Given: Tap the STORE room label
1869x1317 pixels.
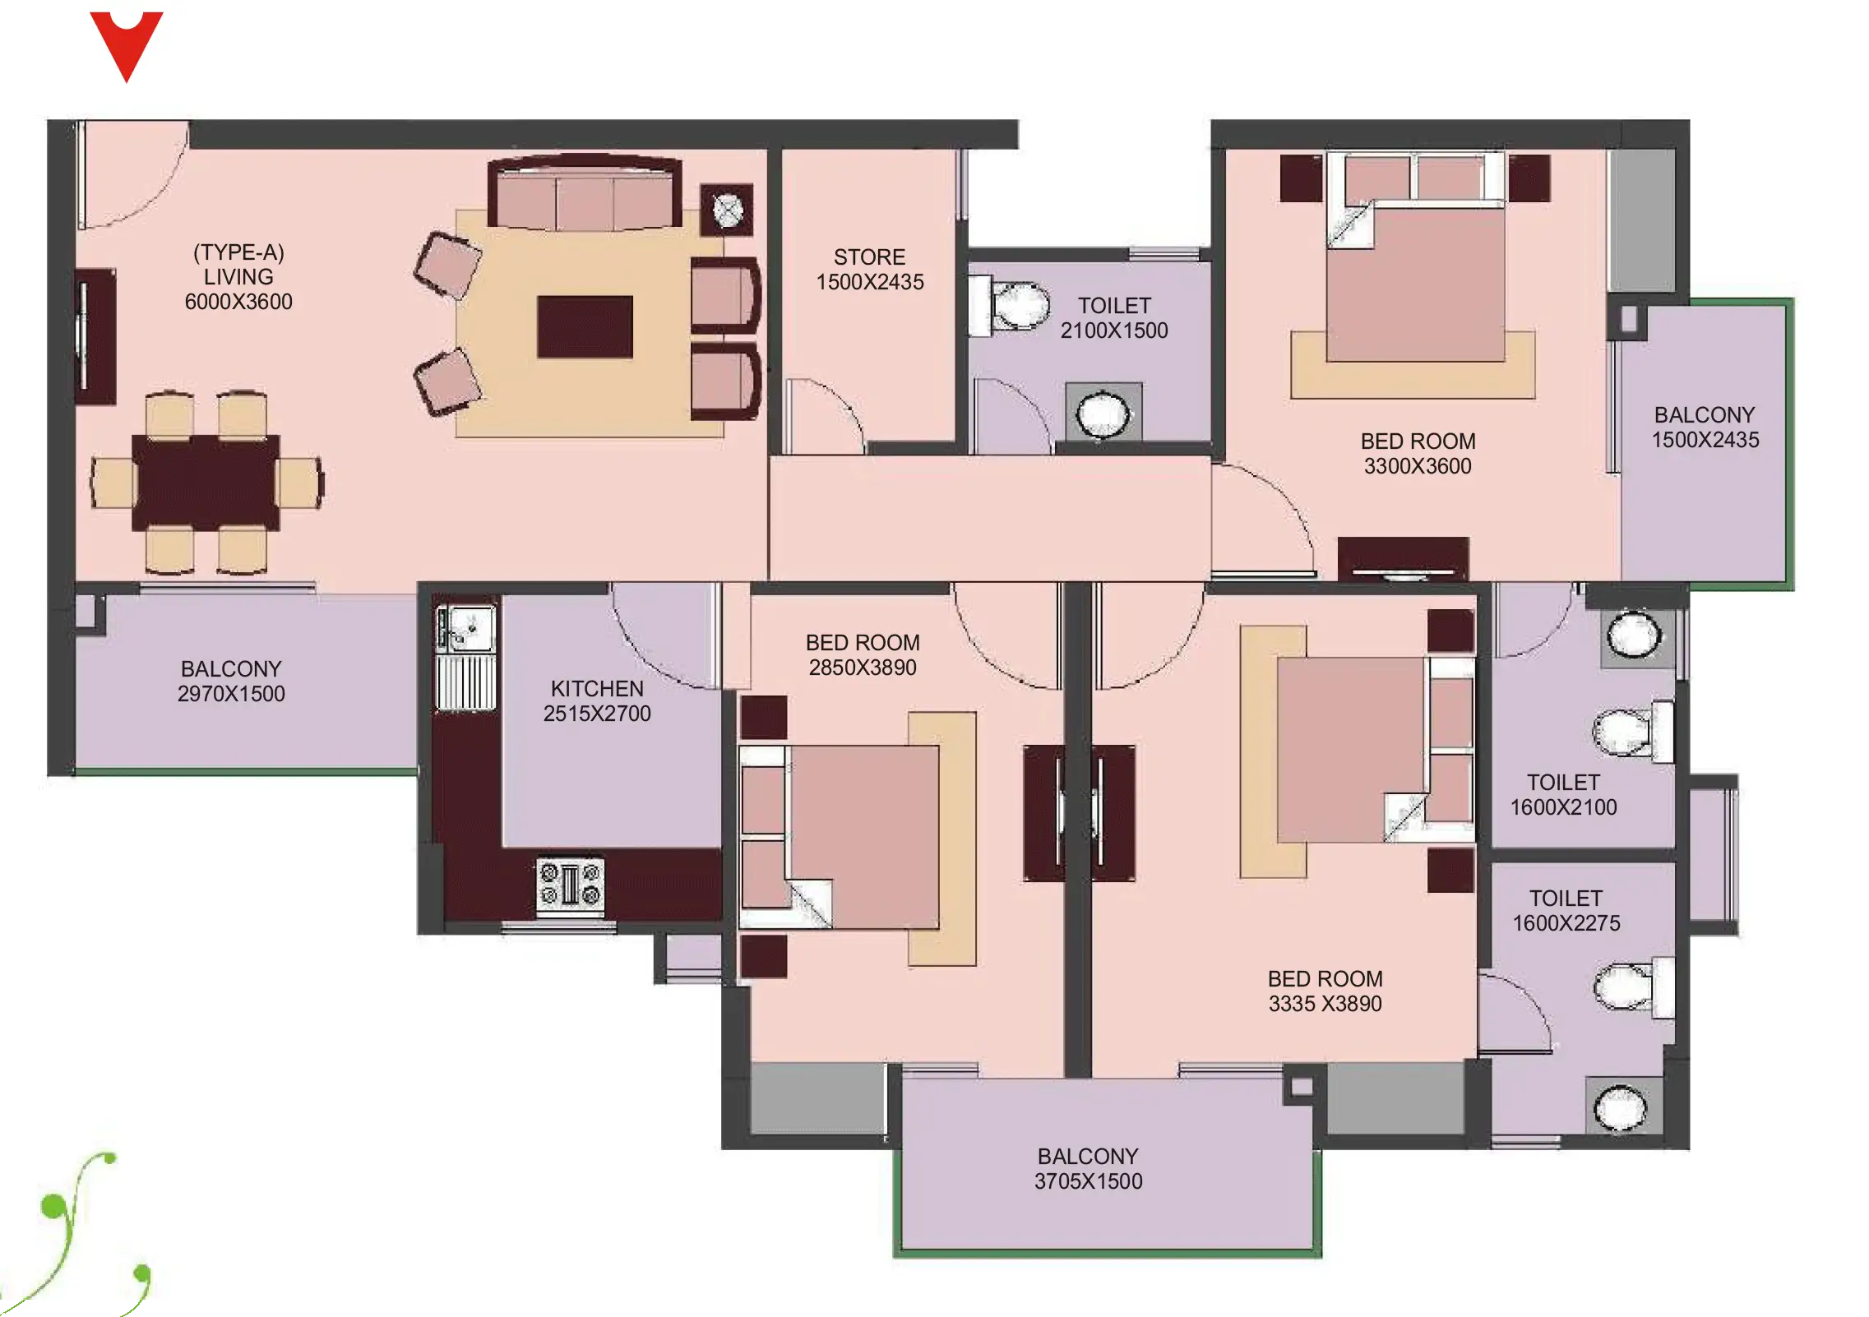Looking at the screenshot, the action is [869, 257].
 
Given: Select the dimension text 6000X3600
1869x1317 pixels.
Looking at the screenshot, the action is [238, 302].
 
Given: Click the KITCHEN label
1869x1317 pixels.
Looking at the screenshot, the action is [597, 689].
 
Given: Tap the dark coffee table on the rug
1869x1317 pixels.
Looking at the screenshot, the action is [585, 327].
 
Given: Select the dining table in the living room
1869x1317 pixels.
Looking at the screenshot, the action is [206, 482].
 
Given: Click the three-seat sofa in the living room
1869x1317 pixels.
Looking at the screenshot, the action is [585, 194].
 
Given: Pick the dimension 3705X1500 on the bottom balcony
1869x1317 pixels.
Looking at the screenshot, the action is [1088, 1181].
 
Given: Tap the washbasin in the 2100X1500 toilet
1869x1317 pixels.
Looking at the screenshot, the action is [1103, 413].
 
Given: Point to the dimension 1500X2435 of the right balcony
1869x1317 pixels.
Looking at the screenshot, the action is [1705, 440].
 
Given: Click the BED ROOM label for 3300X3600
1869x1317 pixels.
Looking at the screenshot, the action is [1418, 441].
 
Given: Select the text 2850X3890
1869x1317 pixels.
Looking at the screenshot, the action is [863, 668].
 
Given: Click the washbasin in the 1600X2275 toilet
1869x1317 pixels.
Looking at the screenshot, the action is [1621, 1107].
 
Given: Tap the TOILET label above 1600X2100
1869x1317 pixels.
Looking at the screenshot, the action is [1563, 783].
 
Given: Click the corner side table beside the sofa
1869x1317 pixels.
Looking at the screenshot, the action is [727, 210].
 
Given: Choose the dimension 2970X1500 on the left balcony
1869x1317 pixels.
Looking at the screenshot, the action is [231, 694].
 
